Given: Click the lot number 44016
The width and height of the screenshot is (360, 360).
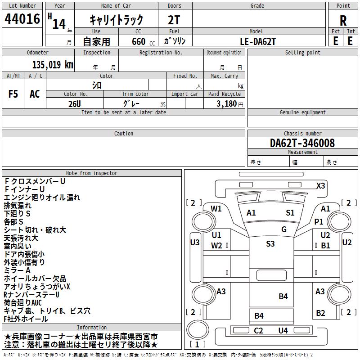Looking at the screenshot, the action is tap(22, 18).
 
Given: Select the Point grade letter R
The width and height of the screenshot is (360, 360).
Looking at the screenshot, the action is tap(343, 21).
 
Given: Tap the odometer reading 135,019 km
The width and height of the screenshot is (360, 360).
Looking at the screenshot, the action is tap(53, 65).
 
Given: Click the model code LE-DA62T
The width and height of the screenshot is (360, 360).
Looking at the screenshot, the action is tap(257, 41).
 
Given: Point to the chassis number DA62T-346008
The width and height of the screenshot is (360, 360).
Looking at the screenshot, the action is tap(302, 143).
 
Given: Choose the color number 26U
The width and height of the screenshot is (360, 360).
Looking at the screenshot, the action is tap(75, 104).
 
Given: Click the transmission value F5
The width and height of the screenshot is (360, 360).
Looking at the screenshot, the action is tap(13, 94).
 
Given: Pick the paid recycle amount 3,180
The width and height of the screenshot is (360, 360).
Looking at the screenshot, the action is tap(227, 103).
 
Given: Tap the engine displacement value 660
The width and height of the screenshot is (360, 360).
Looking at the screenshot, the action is tap(139, 41).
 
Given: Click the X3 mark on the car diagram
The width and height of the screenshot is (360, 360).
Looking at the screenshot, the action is tap(321, 185).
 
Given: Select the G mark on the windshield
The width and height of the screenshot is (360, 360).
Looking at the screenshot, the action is tap(284, 229).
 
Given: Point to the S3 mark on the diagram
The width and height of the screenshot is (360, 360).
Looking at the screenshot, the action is tap(270, 243).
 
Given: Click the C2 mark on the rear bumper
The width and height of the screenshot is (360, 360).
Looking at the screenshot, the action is tap(258, 331).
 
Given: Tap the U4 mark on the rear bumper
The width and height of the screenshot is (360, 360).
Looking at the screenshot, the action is tap(283, 331).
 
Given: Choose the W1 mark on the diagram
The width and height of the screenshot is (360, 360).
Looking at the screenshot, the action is tap(216, 208).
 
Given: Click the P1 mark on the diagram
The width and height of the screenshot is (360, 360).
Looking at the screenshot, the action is tap(319, 221).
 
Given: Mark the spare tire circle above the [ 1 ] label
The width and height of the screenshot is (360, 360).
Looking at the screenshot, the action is tap(198, 330).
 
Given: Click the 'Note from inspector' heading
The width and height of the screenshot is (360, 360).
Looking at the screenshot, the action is tap(92, 173).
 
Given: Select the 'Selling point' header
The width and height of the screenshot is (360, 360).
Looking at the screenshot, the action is tap(302, 53).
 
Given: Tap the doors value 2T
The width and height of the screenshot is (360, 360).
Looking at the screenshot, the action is tap(174, 20).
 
